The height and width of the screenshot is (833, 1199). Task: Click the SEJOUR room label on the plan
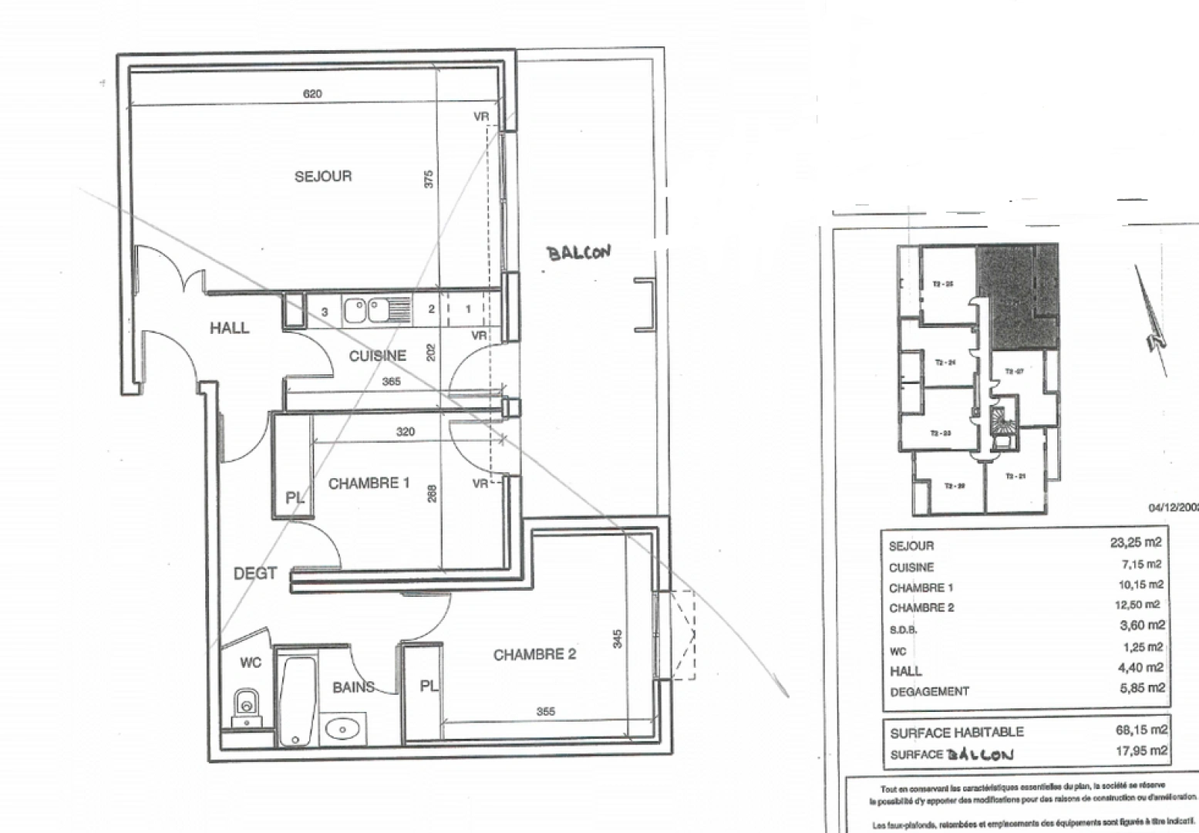pos(323,177)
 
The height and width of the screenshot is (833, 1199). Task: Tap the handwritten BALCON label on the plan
pos(578,253)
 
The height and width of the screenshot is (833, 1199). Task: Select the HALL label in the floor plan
pos(229,328)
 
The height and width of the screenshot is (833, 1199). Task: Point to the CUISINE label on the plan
pos(377,356)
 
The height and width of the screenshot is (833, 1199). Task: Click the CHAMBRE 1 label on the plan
pos(369,484)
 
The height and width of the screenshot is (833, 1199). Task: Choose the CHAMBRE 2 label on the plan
pos(534,655)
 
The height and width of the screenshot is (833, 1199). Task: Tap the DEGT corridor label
pos(254,574)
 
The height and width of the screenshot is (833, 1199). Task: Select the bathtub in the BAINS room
pos(297,700)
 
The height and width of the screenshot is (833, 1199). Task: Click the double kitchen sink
pos(367,310)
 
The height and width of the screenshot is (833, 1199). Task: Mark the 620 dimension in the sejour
pos(312,94)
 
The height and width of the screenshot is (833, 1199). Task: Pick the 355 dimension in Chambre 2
pos(545,712)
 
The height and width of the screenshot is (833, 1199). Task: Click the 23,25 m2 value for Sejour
pos(1135,542)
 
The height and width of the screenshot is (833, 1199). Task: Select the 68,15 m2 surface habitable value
pos(1140,729)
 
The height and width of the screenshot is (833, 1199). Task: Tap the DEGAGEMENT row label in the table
pos(929,692)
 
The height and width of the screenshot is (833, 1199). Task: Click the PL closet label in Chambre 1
pos(295,498)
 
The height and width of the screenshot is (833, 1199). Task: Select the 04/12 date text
pos(1173,508)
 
